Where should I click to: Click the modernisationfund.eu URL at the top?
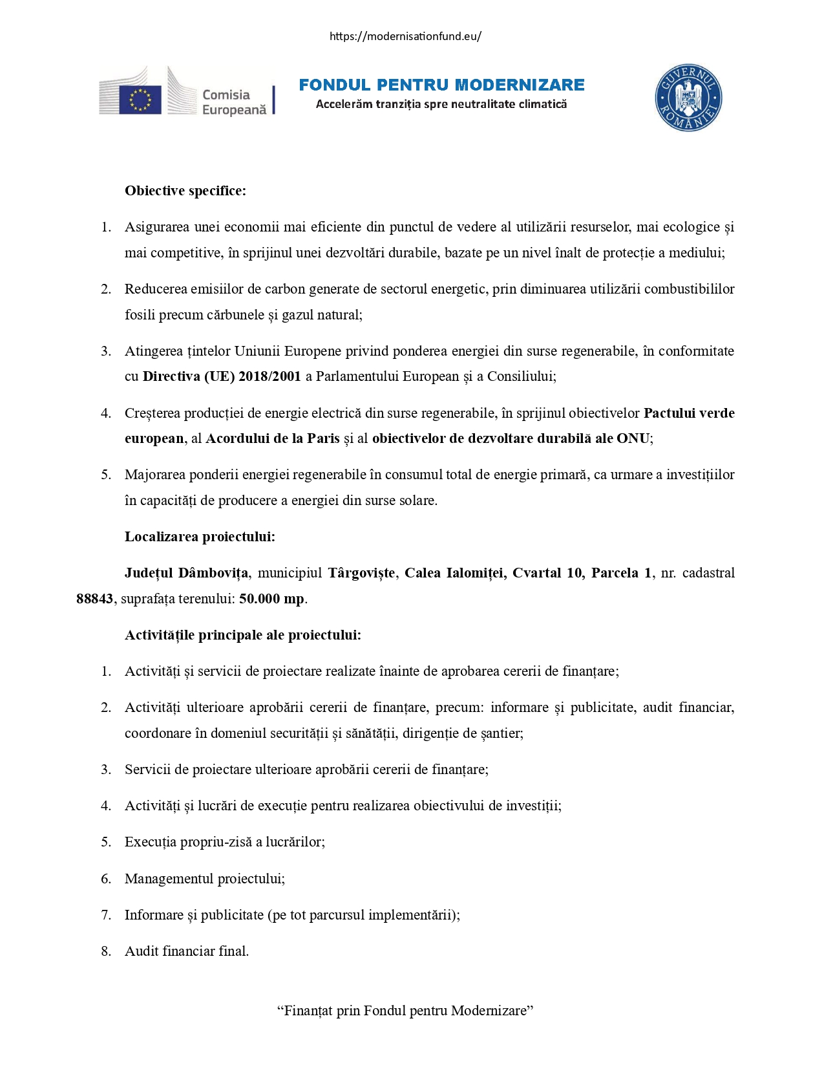click(x=405, y=36)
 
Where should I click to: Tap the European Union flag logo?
click(x=140, y=100)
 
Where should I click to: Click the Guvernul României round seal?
click(x=688, y=98)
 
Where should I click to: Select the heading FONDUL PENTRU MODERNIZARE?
click(x=441, y=85)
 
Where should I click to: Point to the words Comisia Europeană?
click(x=234, y=102)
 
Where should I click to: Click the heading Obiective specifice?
click(x=185, y=191)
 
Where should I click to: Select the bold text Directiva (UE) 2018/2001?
click(x=222, y=376)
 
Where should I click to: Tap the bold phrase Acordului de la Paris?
click(x=272, y=438)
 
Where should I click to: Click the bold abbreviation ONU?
click(x=633, y=438)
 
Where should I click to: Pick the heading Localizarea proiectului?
click(x=200, y=537)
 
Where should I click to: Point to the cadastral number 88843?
click(x=94, y=599)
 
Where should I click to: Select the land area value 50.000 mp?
click(x=271, y=599)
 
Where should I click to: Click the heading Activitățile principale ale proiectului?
click(x=243, y=635)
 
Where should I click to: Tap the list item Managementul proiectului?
click(x=205, y=879)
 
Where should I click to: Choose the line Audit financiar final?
click(x=187, y=951)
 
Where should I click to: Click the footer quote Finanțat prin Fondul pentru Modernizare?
click(x=405, y=1011)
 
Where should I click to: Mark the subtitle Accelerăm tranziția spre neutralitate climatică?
click(x=441, y=104)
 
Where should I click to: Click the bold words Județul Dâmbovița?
click(x=186, y=573)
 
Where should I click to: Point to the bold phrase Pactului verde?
click(x=689, y=413)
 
